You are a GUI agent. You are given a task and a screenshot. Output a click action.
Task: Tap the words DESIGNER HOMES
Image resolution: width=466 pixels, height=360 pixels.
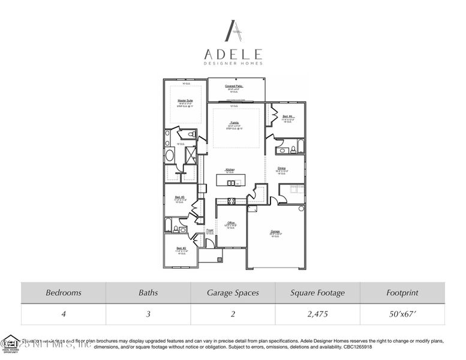[x=233, y=62]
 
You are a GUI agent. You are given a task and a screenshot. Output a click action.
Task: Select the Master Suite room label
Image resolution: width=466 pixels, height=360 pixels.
[x=185, y=101]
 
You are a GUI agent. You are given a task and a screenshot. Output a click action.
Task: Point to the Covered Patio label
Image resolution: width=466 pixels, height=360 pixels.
[x=234, y=86]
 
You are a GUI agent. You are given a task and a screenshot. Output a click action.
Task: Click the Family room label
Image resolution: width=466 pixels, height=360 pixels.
[x=234, y=122]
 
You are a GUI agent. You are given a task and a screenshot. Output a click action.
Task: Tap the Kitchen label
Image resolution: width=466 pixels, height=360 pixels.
[x=230, y=170]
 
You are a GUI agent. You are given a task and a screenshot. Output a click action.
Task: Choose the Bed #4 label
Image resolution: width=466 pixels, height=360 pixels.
[x=287, y=116]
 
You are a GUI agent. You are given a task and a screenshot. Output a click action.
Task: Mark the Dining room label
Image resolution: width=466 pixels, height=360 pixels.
[x=282, y=168]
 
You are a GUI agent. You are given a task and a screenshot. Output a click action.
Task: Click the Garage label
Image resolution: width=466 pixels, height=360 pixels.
[x=275, y=231]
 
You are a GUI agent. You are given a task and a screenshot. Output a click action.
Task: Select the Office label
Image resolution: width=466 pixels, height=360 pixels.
[x=230, y=223]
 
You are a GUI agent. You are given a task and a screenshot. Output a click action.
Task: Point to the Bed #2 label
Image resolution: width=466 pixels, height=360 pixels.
[x=181, y=248]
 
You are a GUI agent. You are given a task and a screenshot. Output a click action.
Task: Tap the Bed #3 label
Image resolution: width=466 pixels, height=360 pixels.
[x=179, y=197]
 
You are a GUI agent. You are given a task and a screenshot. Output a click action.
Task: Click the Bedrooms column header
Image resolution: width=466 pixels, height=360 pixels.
[x=64, y=293]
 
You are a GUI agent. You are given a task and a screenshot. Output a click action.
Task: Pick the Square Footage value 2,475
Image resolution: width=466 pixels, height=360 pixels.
[x=317, y=314]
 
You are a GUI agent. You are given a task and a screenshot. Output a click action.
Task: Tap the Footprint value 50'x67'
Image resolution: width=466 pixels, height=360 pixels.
[x=402, y=314]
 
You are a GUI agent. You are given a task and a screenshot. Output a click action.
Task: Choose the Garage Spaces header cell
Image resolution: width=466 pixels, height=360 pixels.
[x=233, y=293]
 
